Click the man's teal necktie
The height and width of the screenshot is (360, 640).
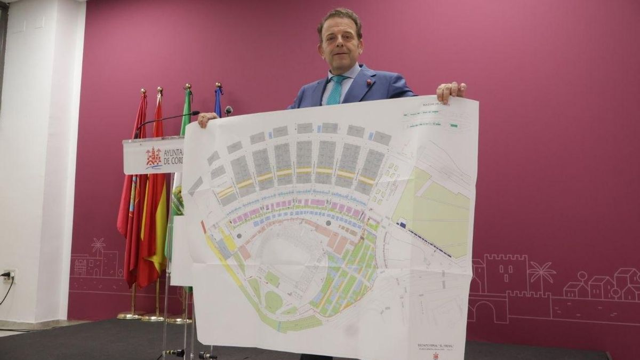pyautogui.click(x=335, y=91)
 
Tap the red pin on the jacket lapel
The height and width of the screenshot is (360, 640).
pyautogui.click(x=369, y=82)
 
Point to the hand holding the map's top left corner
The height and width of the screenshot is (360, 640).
pyautogui.click(x=206, y=119)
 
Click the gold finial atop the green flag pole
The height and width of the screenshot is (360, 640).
pyautogui.click(x=187, y=86)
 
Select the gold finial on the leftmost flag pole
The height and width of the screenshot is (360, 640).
pyautogui.click(x=143, y=92)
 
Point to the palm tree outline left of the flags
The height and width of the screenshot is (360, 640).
pyautogui.click(x=98, y=246)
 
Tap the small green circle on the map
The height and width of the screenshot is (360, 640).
pyautogui.click(x=273, y=301)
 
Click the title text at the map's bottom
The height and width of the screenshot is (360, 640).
pyautogui.click(x=435, y=346)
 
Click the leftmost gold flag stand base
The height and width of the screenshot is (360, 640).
pyautogui.click(x=131, y=315)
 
